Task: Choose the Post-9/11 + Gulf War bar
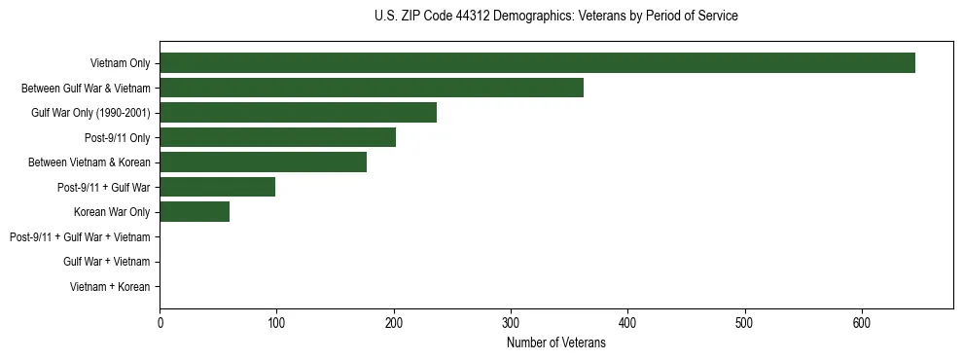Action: coord(217,187)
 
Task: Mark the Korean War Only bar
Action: coord(195,212)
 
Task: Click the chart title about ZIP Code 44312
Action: coord(555,16)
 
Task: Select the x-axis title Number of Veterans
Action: coord(555,342)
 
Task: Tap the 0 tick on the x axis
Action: coord(160,323)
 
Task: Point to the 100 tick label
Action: coord(276,323)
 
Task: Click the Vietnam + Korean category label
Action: coord(110,287)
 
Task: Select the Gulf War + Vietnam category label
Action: coord(106,262)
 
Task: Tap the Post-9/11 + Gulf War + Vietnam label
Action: coord(80,237)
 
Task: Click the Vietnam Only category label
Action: coord(120,63)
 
